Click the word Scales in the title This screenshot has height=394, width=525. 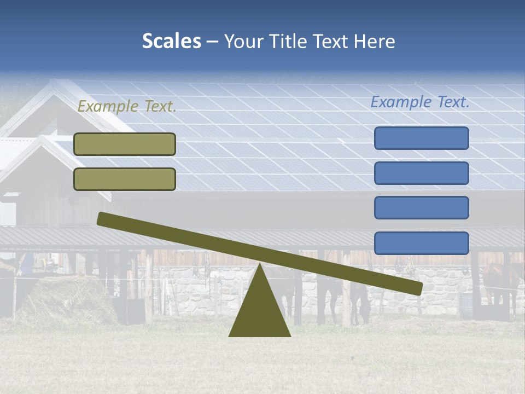171,41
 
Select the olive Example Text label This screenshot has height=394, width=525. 127,107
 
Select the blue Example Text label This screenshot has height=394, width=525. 420,102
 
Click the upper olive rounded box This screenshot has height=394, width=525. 125,144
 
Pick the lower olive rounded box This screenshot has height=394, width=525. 125,179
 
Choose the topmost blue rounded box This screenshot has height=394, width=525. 421,138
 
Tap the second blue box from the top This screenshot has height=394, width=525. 421,173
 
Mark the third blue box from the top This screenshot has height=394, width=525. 421,208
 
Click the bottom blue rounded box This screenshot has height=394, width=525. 421,243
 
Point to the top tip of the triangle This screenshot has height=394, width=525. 259,265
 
